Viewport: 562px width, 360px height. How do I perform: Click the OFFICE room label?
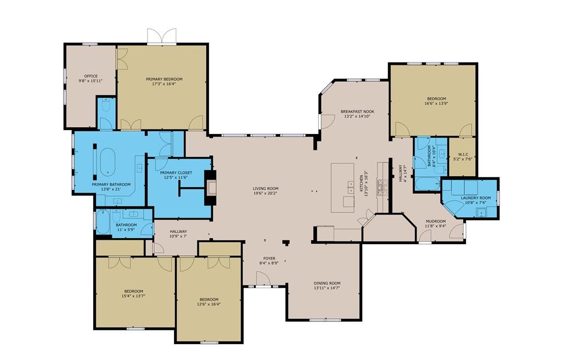pos(91,76)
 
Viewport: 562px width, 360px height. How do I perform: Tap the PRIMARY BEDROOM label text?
pos(164,79)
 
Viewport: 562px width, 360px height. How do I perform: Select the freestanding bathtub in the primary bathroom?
pos(108,162)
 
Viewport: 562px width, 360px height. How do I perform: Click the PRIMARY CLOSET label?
pos(176,173)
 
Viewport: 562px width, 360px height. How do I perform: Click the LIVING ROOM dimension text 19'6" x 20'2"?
pos(266,193)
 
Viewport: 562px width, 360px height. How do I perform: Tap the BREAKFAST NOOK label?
pos(357,111)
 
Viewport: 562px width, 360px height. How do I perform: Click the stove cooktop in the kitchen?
pos(381,187)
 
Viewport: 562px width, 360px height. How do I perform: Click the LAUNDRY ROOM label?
pos(476,198)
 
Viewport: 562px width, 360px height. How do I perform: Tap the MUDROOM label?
pos(435,221)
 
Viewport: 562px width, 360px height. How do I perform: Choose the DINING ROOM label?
pos(327,283)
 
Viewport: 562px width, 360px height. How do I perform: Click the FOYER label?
pos(269,258)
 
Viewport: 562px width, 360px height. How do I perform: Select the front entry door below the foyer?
pos(263,279)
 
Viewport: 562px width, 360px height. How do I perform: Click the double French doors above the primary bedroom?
pos(162,36)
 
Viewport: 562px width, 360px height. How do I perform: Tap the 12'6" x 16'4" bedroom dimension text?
pos(209,304)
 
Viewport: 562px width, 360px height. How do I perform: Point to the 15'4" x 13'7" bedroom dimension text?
pos(133,296)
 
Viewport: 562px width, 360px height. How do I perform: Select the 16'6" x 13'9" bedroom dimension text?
pos(436,103)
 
